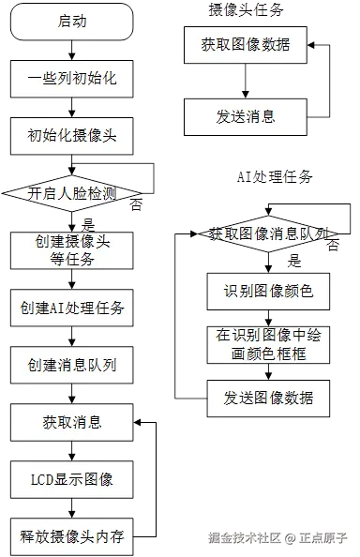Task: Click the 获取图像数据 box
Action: click(x=244, y=43)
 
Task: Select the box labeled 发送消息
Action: click(x=244, y=118)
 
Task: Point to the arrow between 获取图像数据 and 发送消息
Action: click(x=244, y=81)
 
